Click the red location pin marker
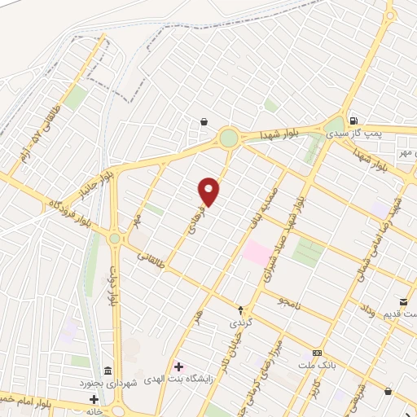coord(209,191)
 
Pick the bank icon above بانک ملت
coord(317,353)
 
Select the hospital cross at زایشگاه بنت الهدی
coord(178,367)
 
